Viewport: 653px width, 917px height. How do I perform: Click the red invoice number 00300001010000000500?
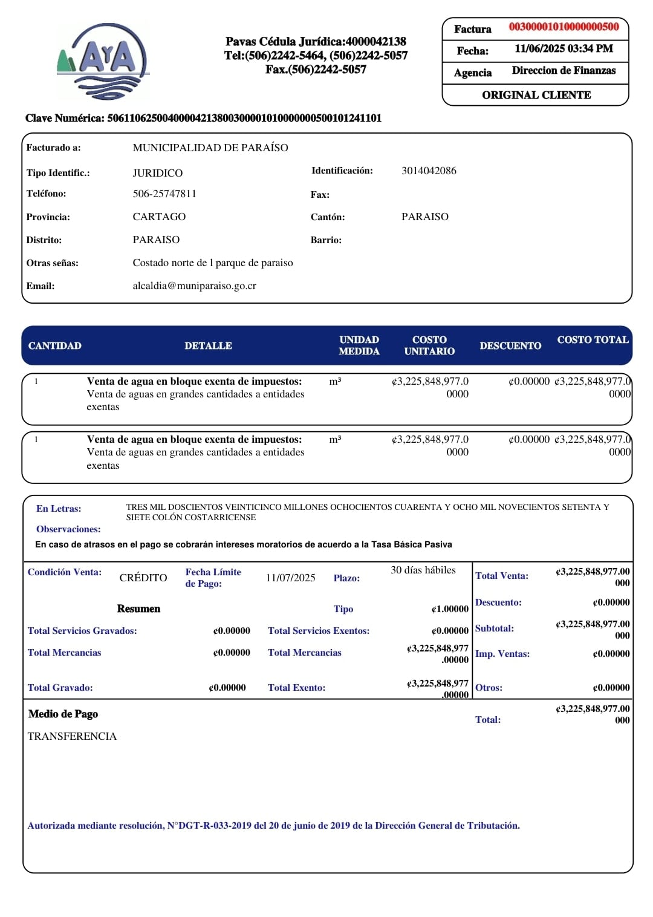click(564, 27)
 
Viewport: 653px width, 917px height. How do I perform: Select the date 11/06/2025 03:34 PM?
click(564, 49)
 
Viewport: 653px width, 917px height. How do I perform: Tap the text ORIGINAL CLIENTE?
click(536, 95)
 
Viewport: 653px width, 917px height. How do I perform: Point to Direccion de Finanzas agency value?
click(564, 71)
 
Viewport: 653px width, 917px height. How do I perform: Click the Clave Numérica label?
click(65, 118)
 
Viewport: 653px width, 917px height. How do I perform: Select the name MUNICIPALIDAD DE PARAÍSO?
click(210, 148)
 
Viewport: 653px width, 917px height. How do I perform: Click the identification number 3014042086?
click(429, 171)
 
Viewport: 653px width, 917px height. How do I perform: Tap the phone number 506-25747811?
click(164, 194)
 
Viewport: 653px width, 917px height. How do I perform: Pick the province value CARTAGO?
click(159, 217)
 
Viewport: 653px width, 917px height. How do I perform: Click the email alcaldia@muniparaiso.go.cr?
click(194, 286)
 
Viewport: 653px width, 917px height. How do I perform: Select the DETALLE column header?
click(208, 345)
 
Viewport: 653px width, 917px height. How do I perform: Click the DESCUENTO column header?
click(510, 345)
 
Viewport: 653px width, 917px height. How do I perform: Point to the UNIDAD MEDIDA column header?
click(359, 345)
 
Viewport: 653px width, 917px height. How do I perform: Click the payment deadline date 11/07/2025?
click(290, 578)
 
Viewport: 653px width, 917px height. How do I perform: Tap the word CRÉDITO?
click(143, 578)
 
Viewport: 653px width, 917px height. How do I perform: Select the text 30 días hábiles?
click(423, 570)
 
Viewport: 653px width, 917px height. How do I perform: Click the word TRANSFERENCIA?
click(72, 736)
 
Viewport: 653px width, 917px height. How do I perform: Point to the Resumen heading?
click(138, 609)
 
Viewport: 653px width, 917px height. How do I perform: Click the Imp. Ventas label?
click(502, 654)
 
